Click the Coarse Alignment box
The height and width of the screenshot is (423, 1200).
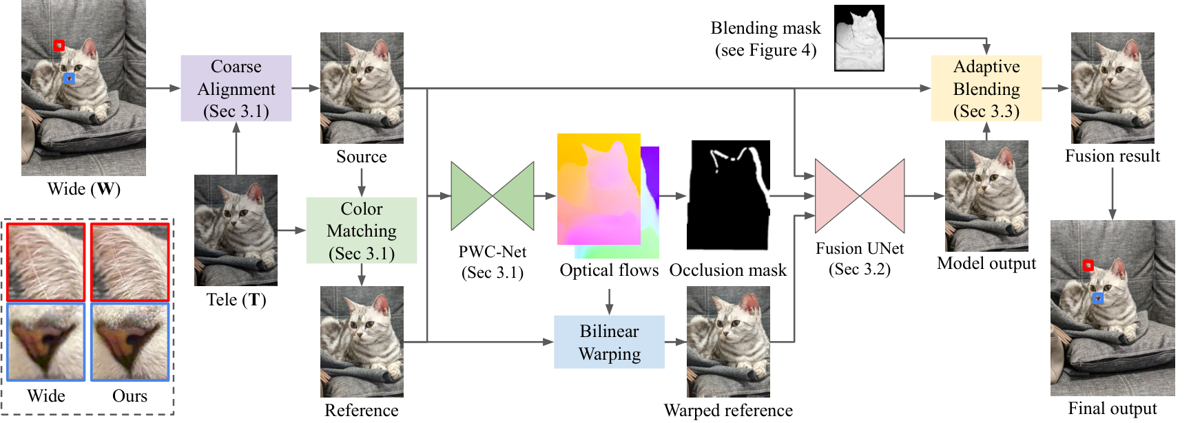click(x=236, y=88)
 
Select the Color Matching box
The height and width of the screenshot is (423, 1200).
click(x=362, y=230)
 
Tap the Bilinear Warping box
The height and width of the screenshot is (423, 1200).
click(x=610, y=342)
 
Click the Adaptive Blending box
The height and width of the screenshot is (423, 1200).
click(x=986, y=88)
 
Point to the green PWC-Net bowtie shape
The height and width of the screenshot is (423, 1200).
click(x=493, y=196)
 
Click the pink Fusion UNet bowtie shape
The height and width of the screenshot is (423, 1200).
click(x=860, y=196)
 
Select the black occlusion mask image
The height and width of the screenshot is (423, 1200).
click(x=729, y=195)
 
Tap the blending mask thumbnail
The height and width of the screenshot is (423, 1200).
click(x=859, y=39)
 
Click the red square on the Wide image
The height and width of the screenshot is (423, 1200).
click(x=59, y=45)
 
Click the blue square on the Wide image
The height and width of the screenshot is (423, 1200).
click(x=69, y=79)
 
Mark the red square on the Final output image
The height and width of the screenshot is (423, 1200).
click(x=1088, y=265)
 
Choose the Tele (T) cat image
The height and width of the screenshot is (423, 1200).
click(x=236, y=230)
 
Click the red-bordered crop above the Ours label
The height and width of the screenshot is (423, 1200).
click(x=130, y=262)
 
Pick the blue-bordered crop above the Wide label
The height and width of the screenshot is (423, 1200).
click(x=46, y=342)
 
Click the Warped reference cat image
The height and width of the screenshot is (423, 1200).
click(x=728, y=342)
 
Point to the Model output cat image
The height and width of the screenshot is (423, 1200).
click(x=986, y=196)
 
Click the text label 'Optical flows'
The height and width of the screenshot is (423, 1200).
click(x=609, y=270)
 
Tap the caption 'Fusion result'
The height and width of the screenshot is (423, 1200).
click(x=1113, y=156)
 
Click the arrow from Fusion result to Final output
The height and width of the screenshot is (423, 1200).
click(x=1113, y=194)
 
